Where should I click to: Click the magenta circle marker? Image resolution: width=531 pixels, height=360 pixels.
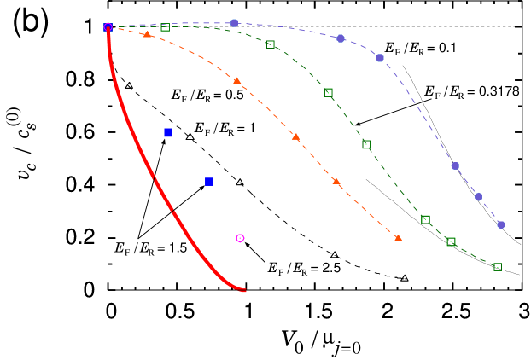coord(240,238)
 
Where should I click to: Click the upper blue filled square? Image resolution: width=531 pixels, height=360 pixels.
coord(168,132)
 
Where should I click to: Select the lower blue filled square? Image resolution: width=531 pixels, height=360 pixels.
coord(208,181)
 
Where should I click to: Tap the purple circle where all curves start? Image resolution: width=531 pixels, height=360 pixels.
coord(108,27)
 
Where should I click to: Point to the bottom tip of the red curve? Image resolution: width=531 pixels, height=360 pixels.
coord(244,291)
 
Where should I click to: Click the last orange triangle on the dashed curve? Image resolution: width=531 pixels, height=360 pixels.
coord(398,238)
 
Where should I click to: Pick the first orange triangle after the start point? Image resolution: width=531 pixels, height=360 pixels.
coord(147,34)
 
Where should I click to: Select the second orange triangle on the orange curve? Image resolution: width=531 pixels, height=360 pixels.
coord(236,80)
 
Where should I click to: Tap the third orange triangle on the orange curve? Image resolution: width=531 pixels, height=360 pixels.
coord(295,136)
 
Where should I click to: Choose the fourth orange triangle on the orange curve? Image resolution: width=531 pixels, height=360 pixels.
coord(336,181)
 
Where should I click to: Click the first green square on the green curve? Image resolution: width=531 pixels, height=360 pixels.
coord(165,27)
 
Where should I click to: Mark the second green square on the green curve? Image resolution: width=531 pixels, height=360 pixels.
coord(271,44)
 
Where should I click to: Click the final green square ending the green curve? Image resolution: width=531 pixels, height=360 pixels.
coord(498,267)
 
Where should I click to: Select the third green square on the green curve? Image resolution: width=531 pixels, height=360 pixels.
coord(329,92)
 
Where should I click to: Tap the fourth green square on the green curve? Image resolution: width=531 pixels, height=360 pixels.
coord(366,144)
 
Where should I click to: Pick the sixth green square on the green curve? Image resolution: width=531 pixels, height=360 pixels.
coord(451,241)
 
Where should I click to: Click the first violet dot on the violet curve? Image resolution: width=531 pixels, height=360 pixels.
coord(235,23)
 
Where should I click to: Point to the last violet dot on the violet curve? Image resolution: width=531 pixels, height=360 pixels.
coord(501,225)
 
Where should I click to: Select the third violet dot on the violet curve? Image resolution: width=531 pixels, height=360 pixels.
coord(380,58)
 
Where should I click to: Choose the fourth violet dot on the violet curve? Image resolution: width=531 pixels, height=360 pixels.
coord(455,165)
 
